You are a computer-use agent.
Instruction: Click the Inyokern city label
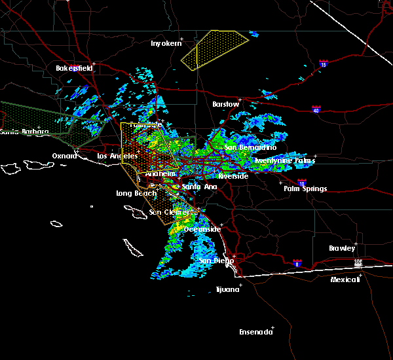[164, 43]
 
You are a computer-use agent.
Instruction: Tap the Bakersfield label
[74, 68]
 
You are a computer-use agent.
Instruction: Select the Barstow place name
[225, 104]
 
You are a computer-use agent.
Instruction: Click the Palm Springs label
[305, 189]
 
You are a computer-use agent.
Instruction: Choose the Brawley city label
[342, 248]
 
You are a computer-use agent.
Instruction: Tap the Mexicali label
[345, 279]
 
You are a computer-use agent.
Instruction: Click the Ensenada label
[255, 332]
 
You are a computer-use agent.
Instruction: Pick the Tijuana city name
[228, 289]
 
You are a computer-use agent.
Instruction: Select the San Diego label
[214, 261]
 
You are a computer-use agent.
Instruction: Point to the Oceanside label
[202, 229]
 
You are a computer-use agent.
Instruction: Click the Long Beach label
[136, 193]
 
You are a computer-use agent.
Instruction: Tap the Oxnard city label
[64, 156]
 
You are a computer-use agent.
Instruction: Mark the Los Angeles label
[117, 156]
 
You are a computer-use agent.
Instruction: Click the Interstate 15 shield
[324, 64]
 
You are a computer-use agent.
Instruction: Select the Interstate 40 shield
[316, 110]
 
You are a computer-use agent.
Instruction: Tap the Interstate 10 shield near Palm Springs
[301, 183]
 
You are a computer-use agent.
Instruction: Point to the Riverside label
[233, 177]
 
